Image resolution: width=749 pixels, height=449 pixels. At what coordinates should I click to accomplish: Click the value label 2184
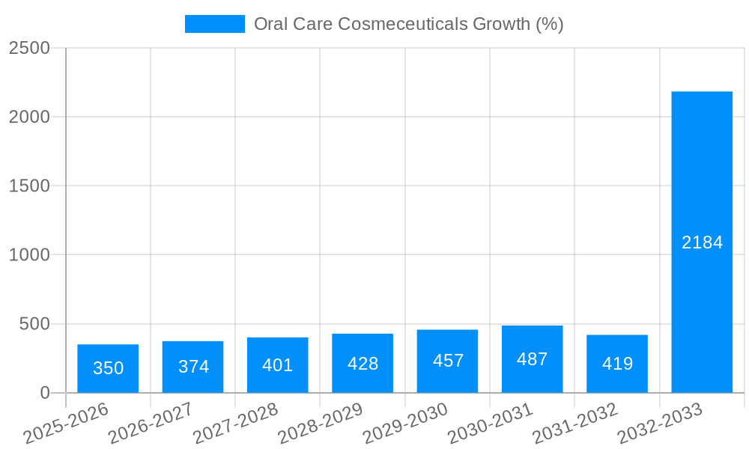coord(702,242)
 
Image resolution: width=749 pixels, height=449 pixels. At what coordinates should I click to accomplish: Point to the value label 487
coord(533,359)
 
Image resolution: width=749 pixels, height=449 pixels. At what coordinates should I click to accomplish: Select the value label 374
coord(193,367)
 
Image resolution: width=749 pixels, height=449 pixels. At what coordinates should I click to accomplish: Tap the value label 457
coord(448,361)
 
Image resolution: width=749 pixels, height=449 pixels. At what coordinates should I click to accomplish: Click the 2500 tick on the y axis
coord(29,48)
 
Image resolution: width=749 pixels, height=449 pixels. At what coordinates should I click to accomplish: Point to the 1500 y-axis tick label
coord(29,186)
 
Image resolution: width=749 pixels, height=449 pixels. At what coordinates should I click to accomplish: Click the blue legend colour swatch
coord(214,24)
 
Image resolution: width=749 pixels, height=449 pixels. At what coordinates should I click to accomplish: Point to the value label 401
coord(278,365)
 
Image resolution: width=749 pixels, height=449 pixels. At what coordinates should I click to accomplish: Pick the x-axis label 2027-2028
coord(236,424)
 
